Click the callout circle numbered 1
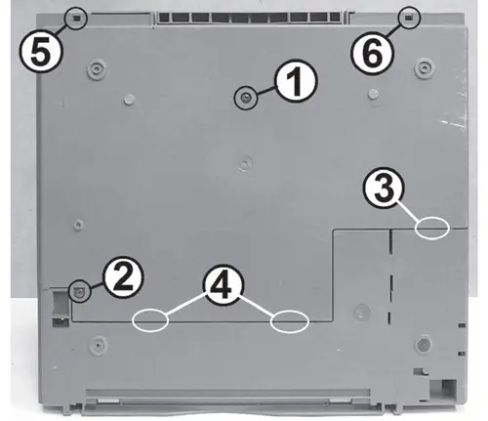[x=296, y=81]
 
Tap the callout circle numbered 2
[x=123, y=277]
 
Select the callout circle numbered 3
[x=384, y=189]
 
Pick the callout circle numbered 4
[x=223, y=284]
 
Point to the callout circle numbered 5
[x=40, y=52]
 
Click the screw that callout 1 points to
[x=246, y=97]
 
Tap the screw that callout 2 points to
[x=79, y=291]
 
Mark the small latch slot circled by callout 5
[x=76, y=19]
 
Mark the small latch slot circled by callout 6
[x=408, y=18]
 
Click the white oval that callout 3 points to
[x=432, y=228]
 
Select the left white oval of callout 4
[x=150, y=320]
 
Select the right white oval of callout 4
[x=289, y=321]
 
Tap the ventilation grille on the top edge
[x=249, y=18]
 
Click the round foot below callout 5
[x=97, y=68]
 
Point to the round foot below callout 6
[x=424, y=67]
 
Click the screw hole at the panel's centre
[x=246, y=163]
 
